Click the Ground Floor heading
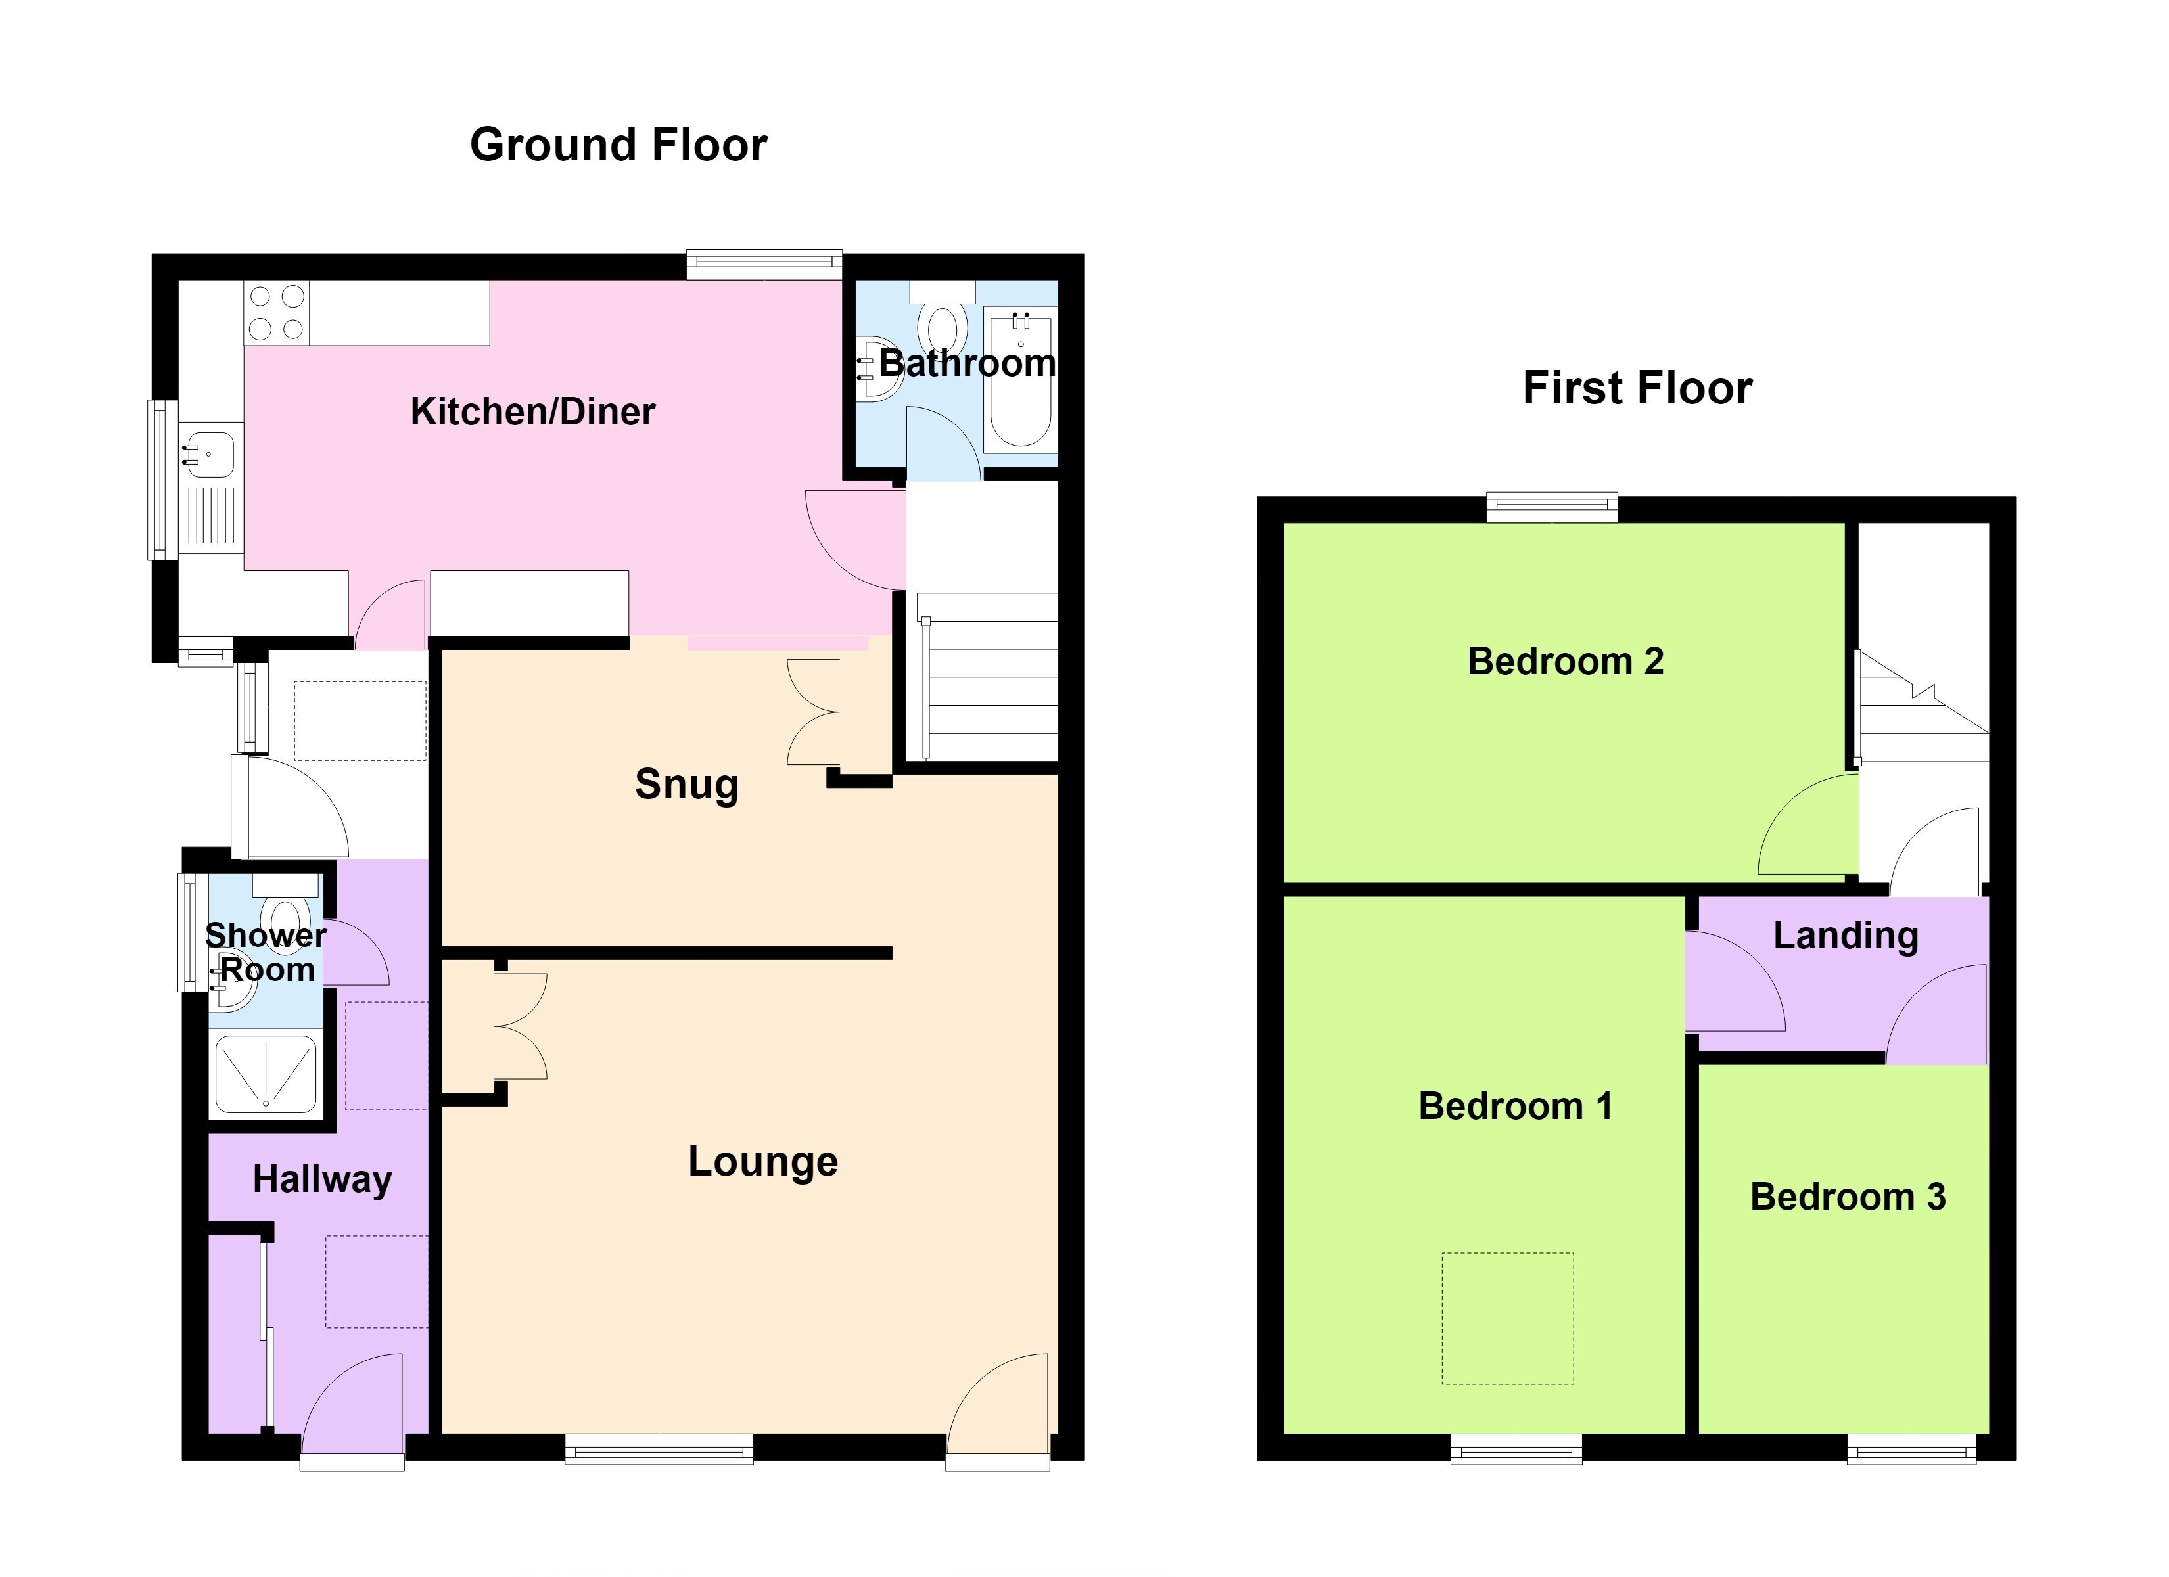618,145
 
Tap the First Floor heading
1637,388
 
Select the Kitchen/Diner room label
532,412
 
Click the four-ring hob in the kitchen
277,313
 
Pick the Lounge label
763,1162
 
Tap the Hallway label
322,1180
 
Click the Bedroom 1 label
1515,1107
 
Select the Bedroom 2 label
1566,662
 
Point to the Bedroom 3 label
1848,1197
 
